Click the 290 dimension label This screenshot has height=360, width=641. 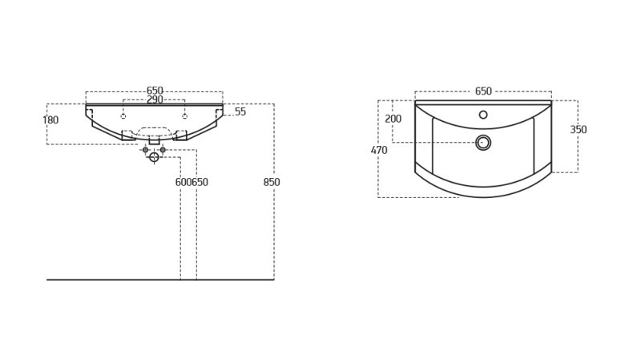tap(155, 99)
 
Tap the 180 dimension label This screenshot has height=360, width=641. tap(50, 119)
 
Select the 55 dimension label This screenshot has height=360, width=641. tap(240, 111)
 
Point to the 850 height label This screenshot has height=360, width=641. tap(272, 182)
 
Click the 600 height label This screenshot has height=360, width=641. tap(183, 182)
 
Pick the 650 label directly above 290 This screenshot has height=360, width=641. tap(155, 91)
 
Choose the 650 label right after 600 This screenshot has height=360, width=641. tap(200, 182)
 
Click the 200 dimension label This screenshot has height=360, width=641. tap(393, 119)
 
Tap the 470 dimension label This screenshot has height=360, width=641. tap(379, 150)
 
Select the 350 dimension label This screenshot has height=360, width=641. tap(579, 129)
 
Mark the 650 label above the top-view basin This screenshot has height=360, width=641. tap(483, 91)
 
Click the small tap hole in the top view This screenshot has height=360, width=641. tap(483, 115)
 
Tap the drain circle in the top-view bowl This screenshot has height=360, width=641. tap(483, 143)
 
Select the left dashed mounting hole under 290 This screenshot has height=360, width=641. tap(123, 116)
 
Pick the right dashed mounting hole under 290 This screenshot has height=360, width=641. tap(185, 116)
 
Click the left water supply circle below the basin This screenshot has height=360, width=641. tap(146, 150)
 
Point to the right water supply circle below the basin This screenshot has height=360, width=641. tap(163, 150)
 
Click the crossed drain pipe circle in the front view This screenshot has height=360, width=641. tap(154, 157)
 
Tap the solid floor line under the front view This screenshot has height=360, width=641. tap(160, 280)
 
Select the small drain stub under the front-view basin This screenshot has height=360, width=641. tap(154, 141)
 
